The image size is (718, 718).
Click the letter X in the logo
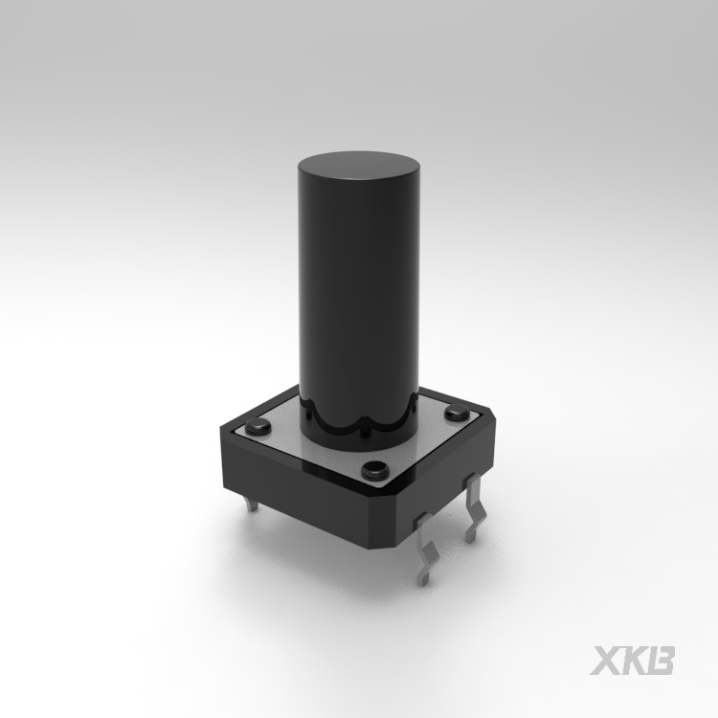pyautogui.click(x=605, y=661)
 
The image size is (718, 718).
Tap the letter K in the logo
pyautogui.click(x=632, y=661)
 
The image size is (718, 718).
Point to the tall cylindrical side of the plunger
pyautogui.click(x=359, y=298)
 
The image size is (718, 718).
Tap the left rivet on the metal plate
pyautogui.click(x=258, y=427)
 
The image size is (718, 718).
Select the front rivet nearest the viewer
pyautogui.click(x=374, y=470)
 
